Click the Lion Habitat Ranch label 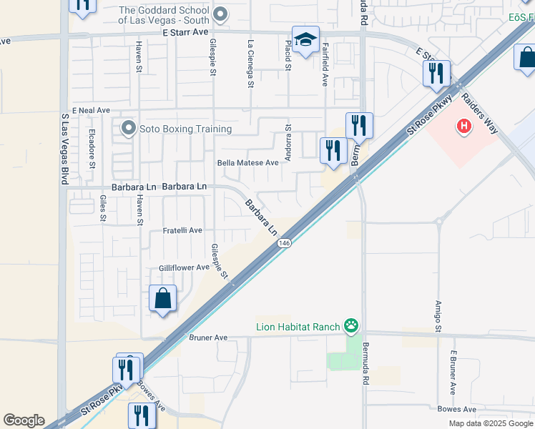[298, 327]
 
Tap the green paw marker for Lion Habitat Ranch [351, 327]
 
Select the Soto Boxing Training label [185, 129]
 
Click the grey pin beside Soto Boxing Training [129, 129]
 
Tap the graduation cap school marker [305, 39]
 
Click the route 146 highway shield [285, 243]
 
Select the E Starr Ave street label [185, 32]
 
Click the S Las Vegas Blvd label [64, 148]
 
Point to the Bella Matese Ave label [247, 163]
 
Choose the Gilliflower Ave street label [184, 267]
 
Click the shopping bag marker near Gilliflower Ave [163, 298]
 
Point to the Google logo [24, 420]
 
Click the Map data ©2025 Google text [491, 423]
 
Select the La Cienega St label [250, 64]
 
